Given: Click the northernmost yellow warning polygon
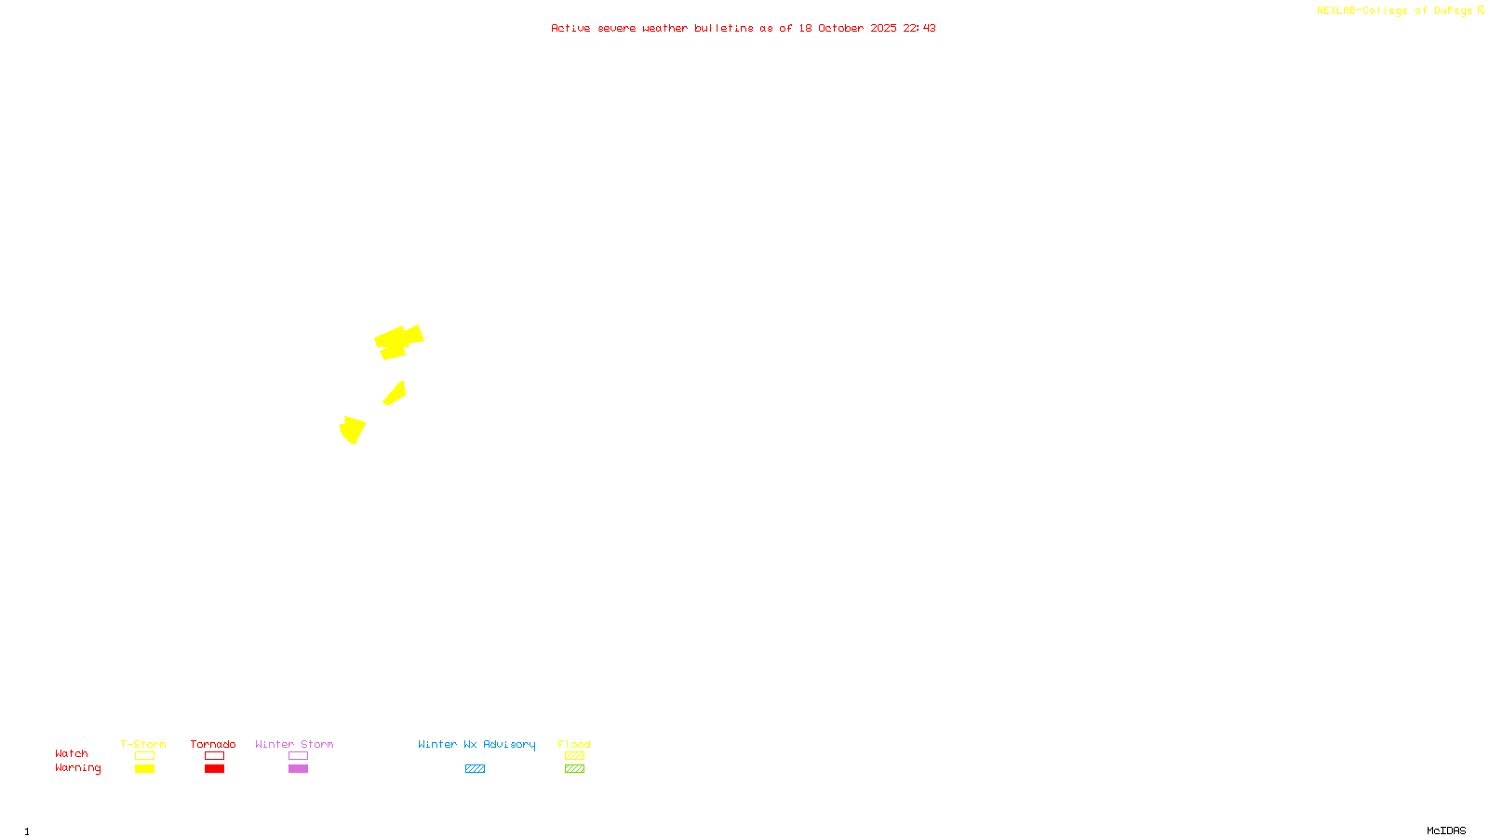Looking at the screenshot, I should click(x=397, y=341).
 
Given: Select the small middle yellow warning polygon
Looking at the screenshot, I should click(x=395, y=394).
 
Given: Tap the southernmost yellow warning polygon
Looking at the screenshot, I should click(x=353, y=430).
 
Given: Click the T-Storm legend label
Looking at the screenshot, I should click(x=143, y=744).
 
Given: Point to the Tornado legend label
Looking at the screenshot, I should click(x=213, y=744).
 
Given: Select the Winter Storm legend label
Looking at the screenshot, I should click(x=294, y=744).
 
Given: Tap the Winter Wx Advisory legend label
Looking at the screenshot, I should click(x=476, y=744).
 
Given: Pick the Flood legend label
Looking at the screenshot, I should click(x=574, y=744).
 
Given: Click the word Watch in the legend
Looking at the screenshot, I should click(x=72, y=753).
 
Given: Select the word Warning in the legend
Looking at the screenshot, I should click(x=77, y=768).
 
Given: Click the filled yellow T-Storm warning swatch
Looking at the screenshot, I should click(x=144, y=769).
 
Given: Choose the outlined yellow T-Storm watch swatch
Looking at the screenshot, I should click(x=144, y=756).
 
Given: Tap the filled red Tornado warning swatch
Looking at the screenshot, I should click(x=214, y=769).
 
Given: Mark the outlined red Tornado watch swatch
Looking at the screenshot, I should click(x=214, y=756).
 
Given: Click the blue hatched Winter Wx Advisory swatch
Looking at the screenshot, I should click(x=475, y=769).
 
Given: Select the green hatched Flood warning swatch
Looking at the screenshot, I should click(x=574, y=769).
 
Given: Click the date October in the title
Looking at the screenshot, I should click(x=840, y=28).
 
